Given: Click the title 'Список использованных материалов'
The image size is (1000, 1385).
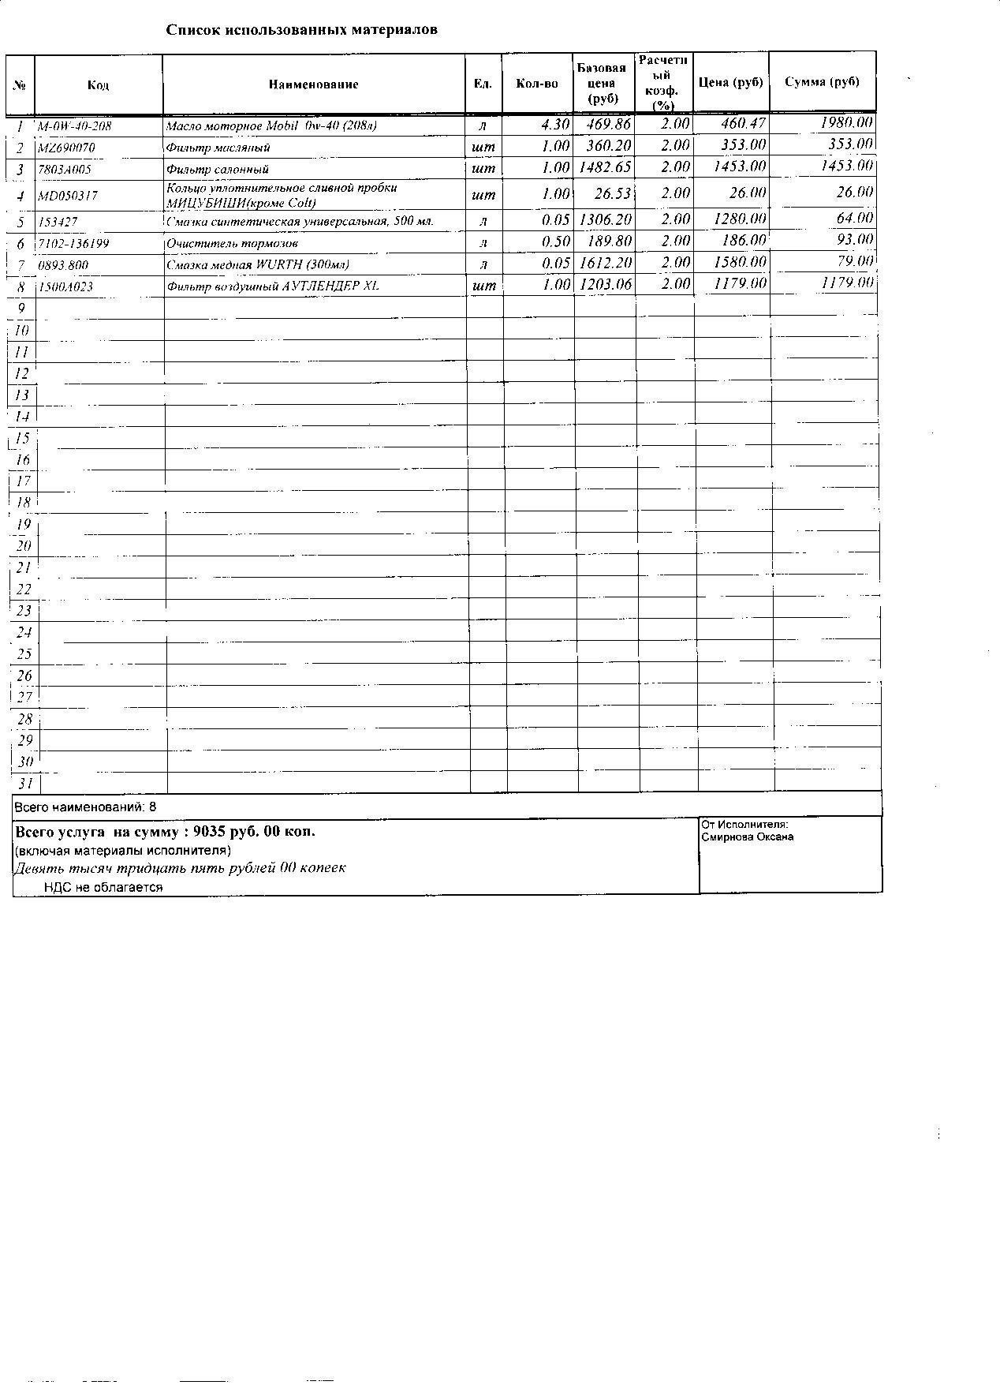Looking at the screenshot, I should pyautogui.click(x=301, y=30).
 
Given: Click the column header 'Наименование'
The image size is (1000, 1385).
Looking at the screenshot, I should pyautogui.click(x=313, y=84).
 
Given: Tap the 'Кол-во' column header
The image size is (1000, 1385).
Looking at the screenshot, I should pyautogui.click(x=536, y=84).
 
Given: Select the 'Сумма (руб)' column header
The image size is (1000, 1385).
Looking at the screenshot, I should pyautogui.click(x=822, y=82).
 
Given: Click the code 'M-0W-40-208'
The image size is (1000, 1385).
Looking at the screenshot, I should pyautogui.click(x=75, y=126).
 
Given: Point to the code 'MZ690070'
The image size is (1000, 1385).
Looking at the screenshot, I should pyautogui.click(x=67, y=148).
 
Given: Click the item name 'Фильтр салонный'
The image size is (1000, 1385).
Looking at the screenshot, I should pyautogui.click(x=218, y=169).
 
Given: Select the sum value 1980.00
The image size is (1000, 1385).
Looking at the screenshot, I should pyautogui.click(x=846, y=122).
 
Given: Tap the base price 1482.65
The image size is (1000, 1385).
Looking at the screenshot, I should pyautogui.click(x=605, y=167).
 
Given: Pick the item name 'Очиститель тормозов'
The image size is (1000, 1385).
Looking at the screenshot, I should pyautogui.click(x=232, y=244).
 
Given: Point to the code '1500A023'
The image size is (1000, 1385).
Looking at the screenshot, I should pyautogui.click(x=65, y=286).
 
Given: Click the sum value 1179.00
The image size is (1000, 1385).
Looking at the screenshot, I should pyautogui.click(x=847, y=283).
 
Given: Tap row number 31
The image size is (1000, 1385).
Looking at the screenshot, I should pyautogui.click(x=25, y=784).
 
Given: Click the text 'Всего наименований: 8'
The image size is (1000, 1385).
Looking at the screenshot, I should pyautogui.click(x=86, y=807).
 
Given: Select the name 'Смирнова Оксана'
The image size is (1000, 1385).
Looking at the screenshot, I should pyautogui.click(x=747, y=837).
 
